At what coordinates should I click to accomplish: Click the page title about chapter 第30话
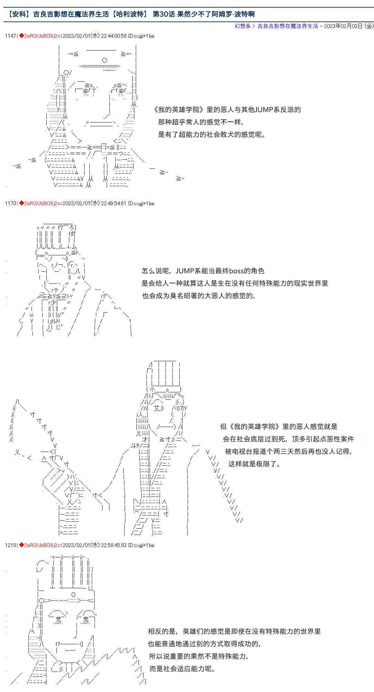(132, 14)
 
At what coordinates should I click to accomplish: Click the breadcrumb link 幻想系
(242, 26)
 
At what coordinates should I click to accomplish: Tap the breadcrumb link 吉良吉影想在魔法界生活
(288, 26)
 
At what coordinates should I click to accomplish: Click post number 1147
(11, 36)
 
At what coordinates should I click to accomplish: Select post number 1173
(11, 203)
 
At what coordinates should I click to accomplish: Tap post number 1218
(11, 545)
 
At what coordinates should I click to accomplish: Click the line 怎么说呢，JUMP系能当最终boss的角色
(203, 271)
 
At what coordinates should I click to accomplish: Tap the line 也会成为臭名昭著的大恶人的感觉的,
(198, 296)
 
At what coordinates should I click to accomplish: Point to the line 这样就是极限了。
(254, 464)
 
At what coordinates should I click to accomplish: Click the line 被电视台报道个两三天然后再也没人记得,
(288, 452)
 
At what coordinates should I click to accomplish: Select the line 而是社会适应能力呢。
(182, 669)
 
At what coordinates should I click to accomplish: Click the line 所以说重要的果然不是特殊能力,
(198, 656)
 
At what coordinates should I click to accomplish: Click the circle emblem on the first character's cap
(105, 60)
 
